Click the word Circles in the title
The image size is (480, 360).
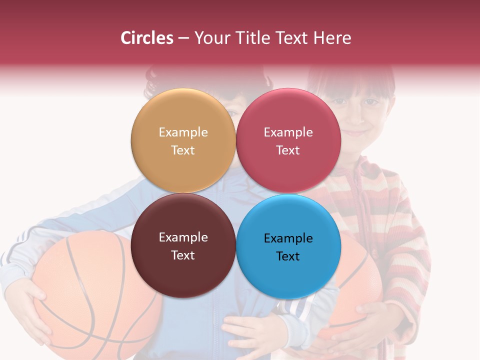point(146,38)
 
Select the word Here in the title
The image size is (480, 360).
point(332,38)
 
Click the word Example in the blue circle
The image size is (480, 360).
point(288,238)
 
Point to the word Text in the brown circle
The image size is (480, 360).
point(183,255)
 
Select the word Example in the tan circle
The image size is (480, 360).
point(183,132)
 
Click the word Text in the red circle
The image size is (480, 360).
point(288,150)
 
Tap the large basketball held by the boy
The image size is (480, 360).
point(90,290)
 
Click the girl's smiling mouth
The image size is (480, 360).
point(356,133)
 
